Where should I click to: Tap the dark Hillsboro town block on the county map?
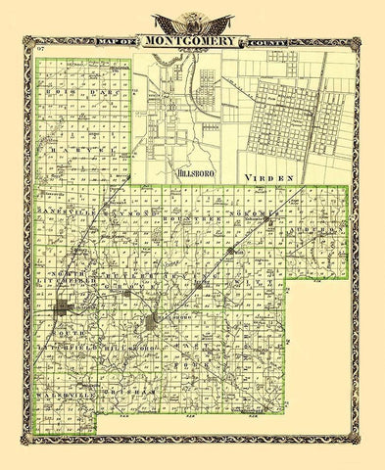[x=151, y=323]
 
